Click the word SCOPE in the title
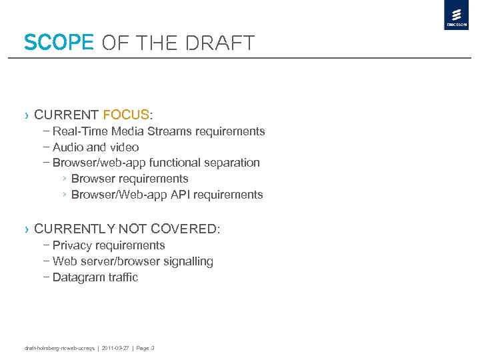58,43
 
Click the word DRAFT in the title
221,43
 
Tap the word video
123,147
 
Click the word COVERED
183,229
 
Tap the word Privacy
74,245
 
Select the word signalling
186,261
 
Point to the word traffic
121,277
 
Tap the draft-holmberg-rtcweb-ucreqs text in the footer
59,348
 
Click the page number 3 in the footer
153,348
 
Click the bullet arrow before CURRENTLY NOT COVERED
27,229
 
